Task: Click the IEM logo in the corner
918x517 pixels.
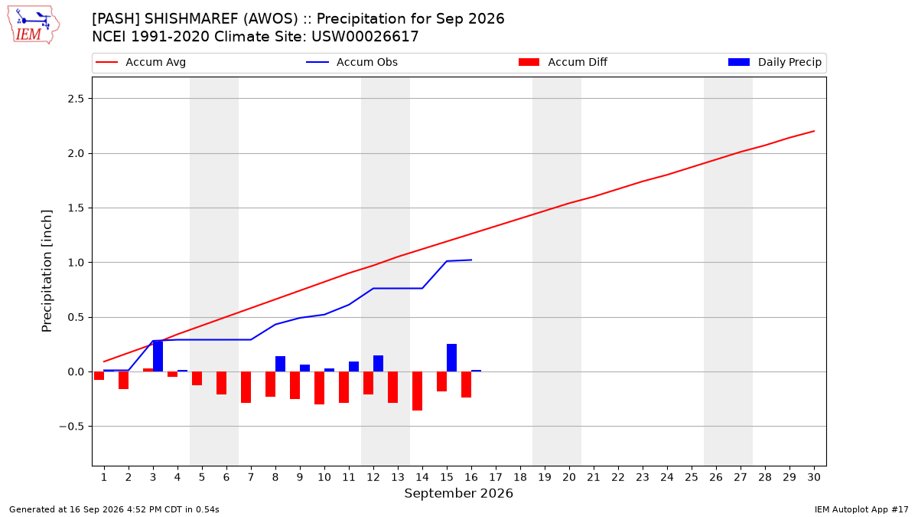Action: click(33, 25)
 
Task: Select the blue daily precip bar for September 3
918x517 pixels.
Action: click(158, 356)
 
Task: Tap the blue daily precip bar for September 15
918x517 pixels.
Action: click(451, 358)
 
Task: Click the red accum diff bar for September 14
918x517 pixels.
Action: click(417, 391)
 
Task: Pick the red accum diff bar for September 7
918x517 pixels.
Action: click(246, 388)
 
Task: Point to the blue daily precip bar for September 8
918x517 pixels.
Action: click(280, 364)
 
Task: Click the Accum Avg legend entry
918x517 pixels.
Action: click(141, 62)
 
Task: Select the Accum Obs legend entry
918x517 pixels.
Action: click(352, 62)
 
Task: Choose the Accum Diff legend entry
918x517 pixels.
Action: click(563, 62)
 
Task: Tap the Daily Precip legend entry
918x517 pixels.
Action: click(774, 62)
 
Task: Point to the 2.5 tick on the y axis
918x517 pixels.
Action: click(76, 99)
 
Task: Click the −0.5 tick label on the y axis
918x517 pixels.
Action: click(72, 427)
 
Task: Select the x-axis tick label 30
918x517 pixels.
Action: click(814, 477)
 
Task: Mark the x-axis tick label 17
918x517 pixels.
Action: click(496, 477)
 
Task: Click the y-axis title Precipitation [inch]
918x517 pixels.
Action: click(47, 271)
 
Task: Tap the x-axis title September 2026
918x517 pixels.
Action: click(458, 493)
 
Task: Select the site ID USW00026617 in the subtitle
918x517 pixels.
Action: click(365, 37)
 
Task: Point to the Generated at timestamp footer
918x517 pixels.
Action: click(114, 509)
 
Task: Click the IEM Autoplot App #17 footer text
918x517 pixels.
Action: click(861, 509)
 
